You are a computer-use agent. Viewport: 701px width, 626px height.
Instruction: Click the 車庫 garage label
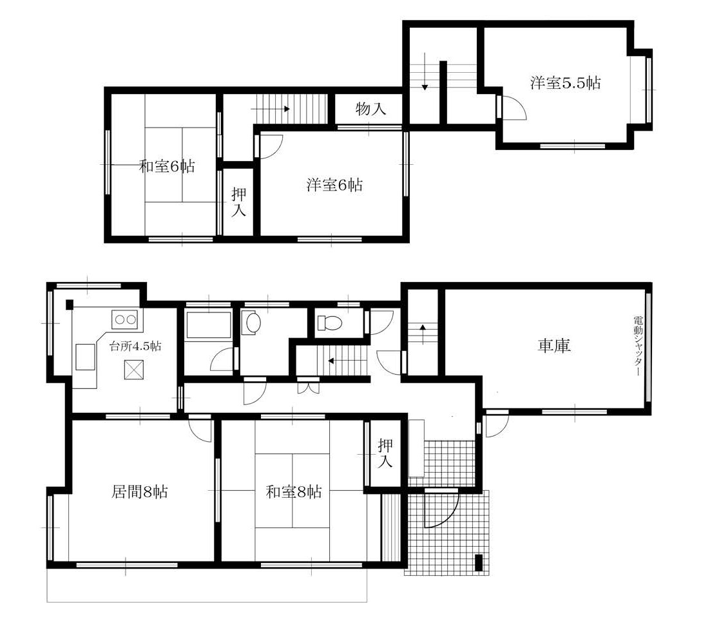click(x=554, y=346)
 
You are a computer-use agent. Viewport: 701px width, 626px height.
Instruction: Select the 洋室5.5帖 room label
click(x=565, y=83)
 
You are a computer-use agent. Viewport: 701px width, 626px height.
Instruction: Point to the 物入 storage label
click(x=370, y=109)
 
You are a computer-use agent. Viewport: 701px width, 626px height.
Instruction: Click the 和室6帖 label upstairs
click(x=167, y=167)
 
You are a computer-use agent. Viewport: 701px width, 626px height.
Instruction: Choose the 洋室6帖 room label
click(x=334, y=185)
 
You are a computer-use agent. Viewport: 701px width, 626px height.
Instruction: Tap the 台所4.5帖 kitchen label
click(x=135, y=346)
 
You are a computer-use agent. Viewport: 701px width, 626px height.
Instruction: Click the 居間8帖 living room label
click(x=140, y=492)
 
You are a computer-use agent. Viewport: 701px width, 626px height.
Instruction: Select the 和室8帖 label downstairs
click(x=293, y=492)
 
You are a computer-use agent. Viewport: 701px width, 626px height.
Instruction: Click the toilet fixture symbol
click(x=329, y=322)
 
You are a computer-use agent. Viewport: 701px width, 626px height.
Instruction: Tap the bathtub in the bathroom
click(x=208, y=325)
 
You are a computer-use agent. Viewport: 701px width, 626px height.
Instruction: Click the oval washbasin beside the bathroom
click(x=251, y=322)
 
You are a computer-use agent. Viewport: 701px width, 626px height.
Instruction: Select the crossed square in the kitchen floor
click(x=134, y=370)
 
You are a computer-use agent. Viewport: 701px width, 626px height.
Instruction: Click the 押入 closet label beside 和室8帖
click(x=385, y=453)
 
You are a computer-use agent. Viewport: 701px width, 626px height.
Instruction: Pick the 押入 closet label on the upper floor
click(x=239, y=202)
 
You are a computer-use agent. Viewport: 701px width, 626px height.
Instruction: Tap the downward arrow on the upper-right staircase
click(x=425, y=71)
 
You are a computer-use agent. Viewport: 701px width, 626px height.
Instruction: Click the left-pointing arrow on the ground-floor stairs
click(x=347, y=360)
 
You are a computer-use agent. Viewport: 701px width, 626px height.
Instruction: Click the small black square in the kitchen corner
click(x=70, y=305)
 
